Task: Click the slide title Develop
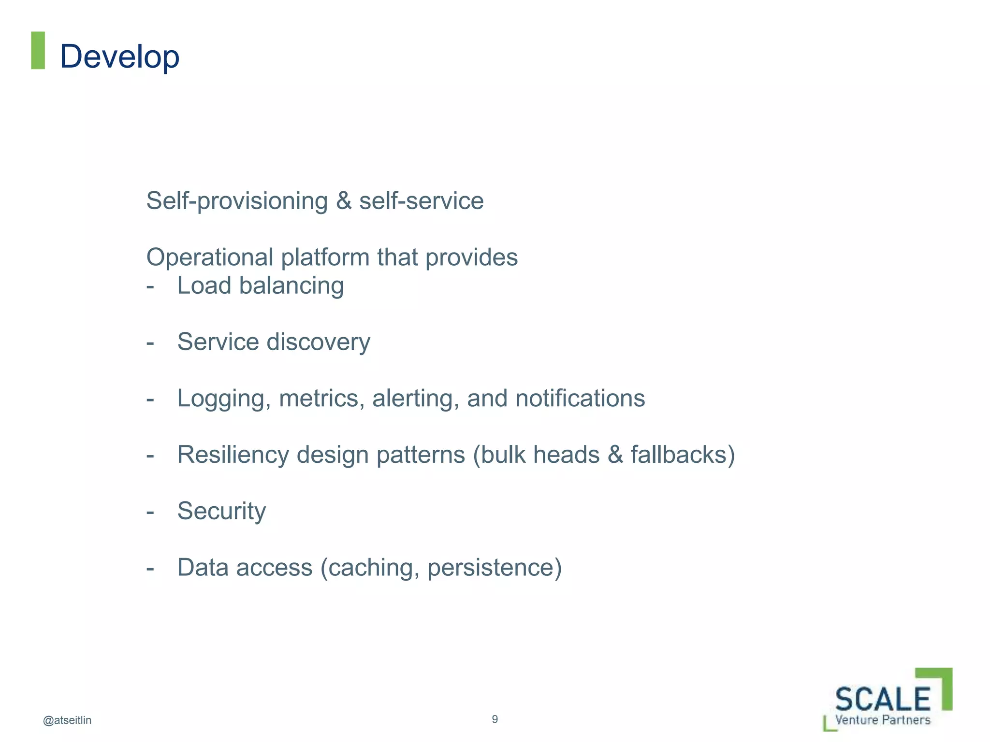point(119,57)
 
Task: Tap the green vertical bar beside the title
point(38,50)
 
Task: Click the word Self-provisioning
point(237,201)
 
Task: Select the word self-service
point(421,201)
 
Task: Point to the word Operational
point(210,257)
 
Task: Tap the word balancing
point(291,286)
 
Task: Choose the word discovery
point(319,342)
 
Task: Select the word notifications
point(580,399)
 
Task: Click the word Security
point(221,511)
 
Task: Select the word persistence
point(491,568)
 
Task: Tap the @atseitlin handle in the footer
point(67,720)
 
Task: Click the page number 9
point(495,719)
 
